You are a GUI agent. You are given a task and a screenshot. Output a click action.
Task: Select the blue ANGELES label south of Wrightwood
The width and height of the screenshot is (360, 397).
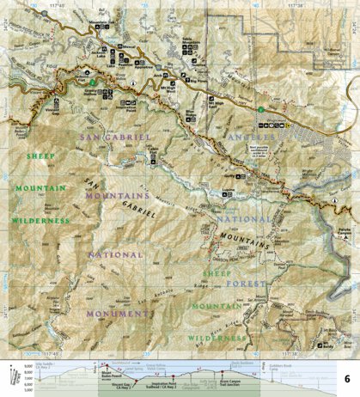point(260,137)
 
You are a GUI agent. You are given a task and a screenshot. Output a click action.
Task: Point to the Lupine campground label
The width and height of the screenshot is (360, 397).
point(229,194)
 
